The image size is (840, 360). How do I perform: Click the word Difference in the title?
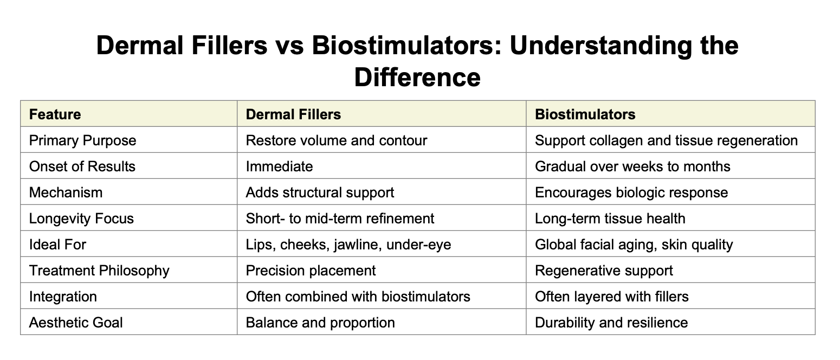pos(417,77)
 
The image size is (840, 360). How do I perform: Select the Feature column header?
pos(55,114)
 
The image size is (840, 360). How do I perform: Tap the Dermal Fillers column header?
pos(293,114)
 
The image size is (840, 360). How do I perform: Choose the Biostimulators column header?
pos(585,114)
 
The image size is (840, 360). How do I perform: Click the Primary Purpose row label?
pos(82,140)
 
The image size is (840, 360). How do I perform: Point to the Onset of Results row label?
pos(82,166)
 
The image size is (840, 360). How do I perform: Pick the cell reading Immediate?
pos(279,166)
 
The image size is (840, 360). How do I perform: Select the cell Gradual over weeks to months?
pos(632,166)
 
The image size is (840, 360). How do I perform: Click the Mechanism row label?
pos(66,192)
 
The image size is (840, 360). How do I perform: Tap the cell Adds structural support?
pos(320,192)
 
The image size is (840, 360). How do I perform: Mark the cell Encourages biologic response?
pos(631,192)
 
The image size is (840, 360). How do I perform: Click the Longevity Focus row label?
pos(81,218)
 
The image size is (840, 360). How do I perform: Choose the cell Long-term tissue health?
pos(610,218)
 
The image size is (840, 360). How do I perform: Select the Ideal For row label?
pos(57,245)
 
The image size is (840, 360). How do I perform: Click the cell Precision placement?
pos(311,271)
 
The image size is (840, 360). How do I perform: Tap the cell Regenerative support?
pos(604,271)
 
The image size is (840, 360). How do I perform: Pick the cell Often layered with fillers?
pos(611,297)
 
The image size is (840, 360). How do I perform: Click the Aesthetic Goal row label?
pos(76,323)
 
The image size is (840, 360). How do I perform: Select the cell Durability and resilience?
pos(611,323)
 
